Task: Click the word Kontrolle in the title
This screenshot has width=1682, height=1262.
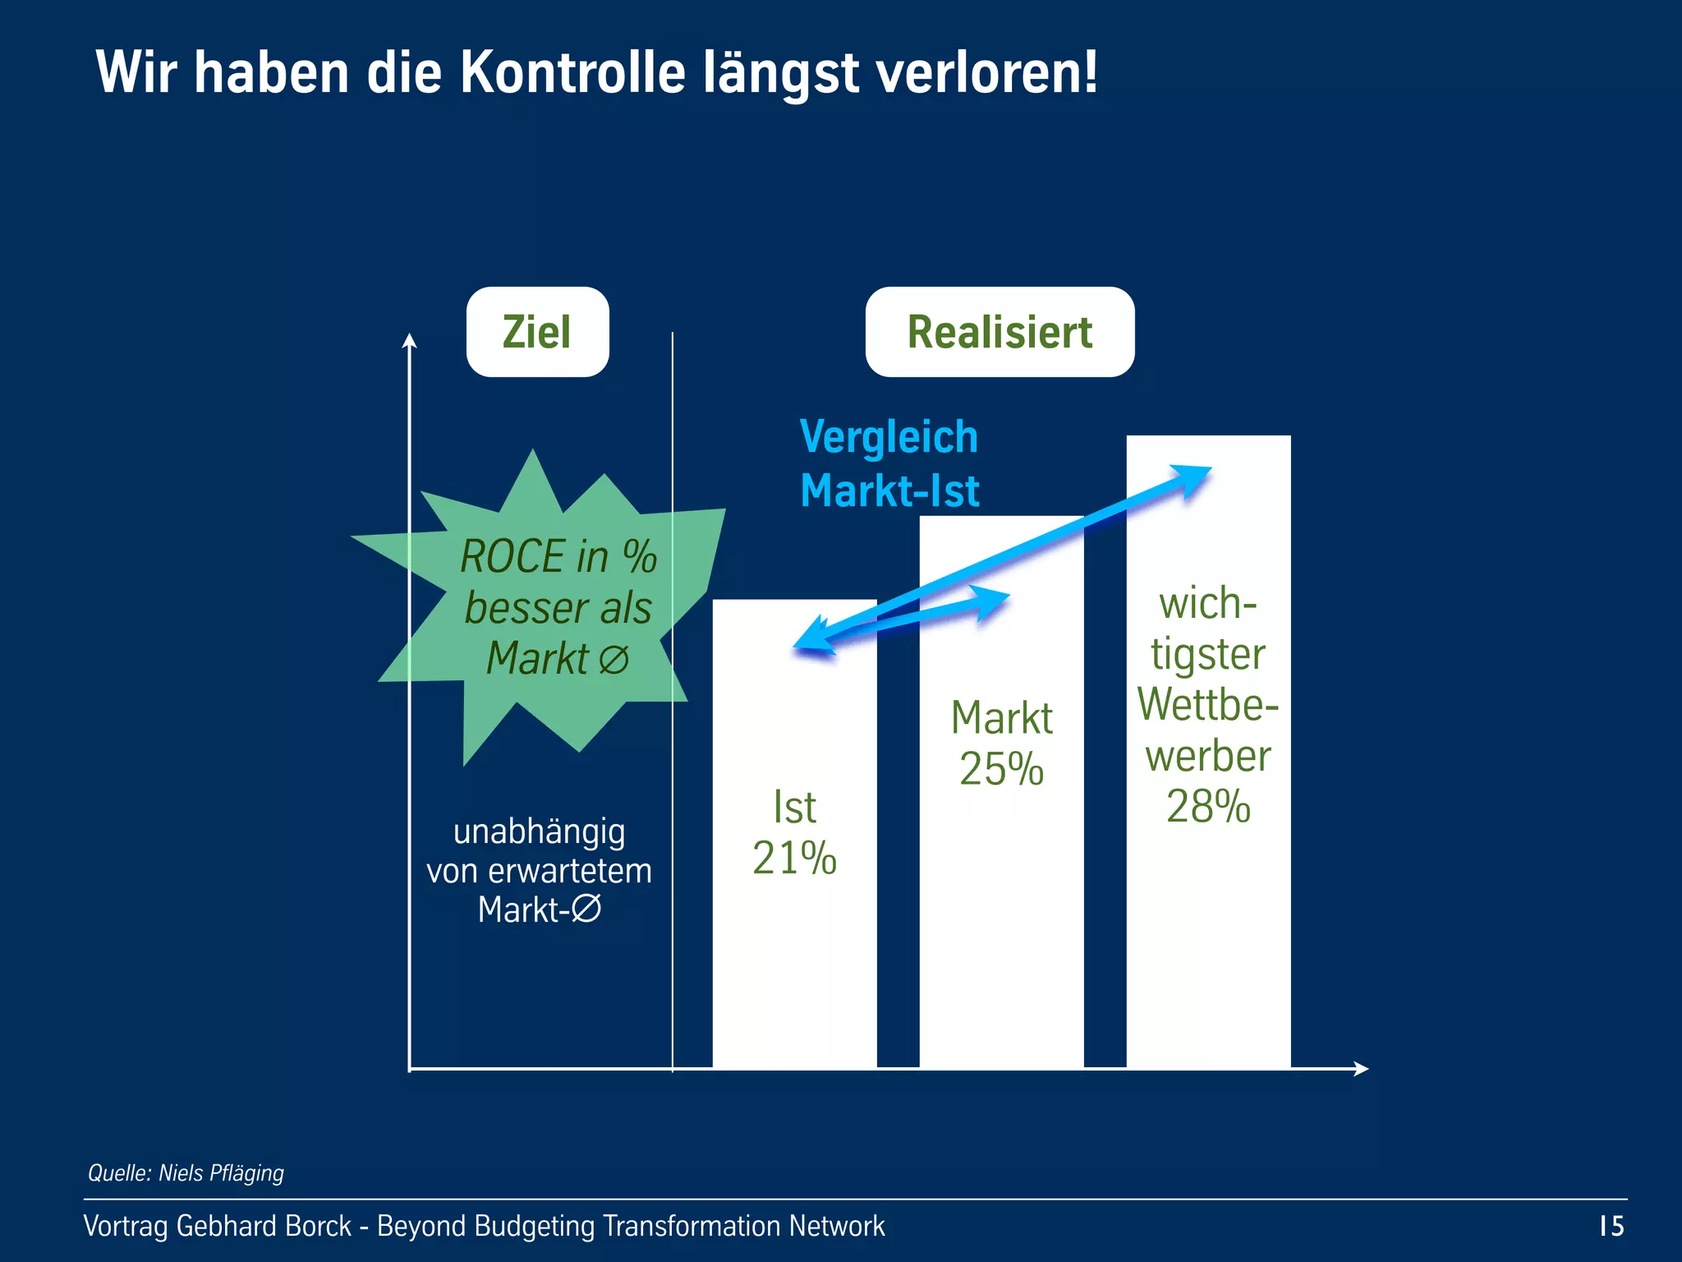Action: tap(572, 72)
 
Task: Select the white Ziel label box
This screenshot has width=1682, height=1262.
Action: tap(537, 332)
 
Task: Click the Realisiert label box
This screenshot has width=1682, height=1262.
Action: tap(1000, 332)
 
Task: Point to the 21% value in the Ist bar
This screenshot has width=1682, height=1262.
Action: tap(794, 858)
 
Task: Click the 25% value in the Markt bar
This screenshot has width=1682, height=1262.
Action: tap(1001, 769)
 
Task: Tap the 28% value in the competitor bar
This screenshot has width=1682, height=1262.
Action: tap(1208, 806)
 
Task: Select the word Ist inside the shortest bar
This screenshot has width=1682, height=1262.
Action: tap(794, 807)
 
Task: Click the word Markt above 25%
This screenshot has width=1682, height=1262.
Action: tap(1001, 718)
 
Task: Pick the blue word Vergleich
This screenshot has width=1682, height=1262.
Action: tap(889, 436)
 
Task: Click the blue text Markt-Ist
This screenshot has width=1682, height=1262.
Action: tap(889, 491)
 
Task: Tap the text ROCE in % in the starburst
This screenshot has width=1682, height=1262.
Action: tap(558, 556)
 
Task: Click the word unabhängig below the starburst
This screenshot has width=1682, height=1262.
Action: tap(539, 831)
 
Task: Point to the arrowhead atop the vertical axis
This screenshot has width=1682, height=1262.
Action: tap(409, 339)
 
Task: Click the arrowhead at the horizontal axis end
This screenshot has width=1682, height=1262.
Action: tap(1361, 1068)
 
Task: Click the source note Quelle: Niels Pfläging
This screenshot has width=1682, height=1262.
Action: tap(186, 1172)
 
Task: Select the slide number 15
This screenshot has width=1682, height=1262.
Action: tap(1611, 1226)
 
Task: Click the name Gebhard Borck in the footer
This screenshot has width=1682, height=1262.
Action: tap(264, 1226)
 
